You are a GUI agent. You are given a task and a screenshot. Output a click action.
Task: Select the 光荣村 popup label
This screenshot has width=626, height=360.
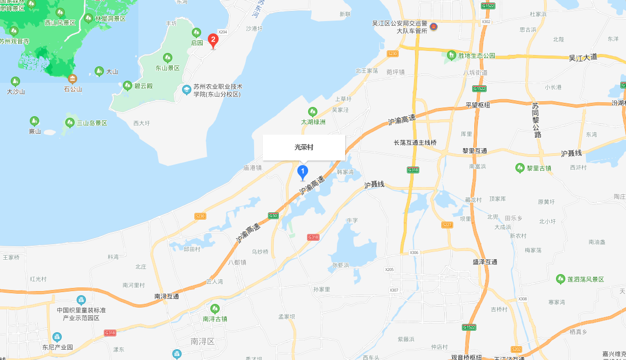click(x=304, y=148)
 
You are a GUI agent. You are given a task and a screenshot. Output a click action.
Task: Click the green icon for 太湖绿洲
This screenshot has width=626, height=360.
click(x=312, y=112)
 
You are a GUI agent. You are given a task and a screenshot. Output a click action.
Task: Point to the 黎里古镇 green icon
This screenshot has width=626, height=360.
click(x=520, y=168)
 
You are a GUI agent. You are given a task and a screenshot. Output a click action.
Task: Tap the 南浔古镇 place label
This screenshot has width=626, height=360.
click(x=215, y=319)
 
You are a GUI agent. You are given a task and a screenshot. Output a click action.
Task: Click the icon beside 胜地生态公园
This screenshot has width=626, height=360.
click(x=451, y=55)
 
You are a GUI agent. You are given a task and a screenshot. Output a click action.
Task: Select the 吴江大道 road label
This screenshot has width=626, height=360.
click(x=583, y=57)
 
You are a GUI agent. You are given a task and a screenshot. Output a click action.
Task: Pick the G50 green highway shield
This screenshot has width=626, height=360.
click(x=273, y=215)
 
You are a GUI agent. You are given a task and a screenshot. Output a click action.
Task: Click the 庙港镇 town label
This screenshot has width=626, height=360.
click(x=253, y=168)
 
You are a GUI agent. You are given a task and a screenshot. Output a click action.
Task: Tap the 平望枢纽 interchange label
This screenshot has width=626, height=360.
click(x=478, y=105)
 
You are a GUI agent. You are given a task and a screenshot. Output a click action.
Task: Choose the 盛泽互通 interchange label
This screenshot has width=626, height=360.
click(x=485, y=262)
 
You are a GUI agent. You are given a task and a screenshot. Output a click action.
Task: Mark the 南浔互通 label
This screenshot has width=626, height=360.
click(x=167, y=296)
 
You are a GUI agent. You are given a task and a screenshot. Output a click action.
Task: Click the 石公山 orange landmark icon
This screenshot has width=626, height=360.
click(x=73, y=79)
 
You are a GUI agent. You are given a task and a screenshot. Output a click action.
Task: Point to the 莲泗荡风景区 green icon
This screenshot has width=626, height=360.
click(x=561, y=279)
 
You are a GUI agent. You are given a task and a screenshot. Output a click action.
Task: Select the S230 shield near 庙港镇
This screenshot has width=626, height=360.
click(x=200, y=216)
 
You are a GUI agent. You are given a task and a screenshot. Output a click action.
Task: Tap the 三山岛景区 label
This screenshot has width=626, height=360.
click(x=92, y=123)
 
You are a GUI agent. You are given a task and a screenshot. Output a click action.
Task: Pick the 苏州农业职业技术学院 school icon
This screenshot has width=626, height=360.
click(x=186, y=90)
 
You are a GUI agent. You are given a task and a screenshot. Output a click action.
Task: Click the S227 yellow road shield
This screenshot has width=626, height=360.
click(x=447, y=225)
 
